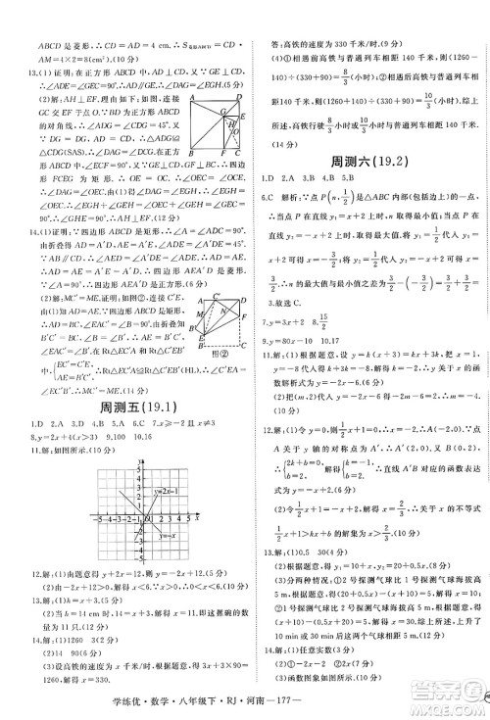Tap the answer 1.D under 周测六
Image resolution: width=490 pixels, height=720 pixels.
[x=267, y=179]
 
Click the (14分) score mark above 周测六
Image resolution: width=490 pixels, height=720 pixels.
[x=272, y=143]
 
